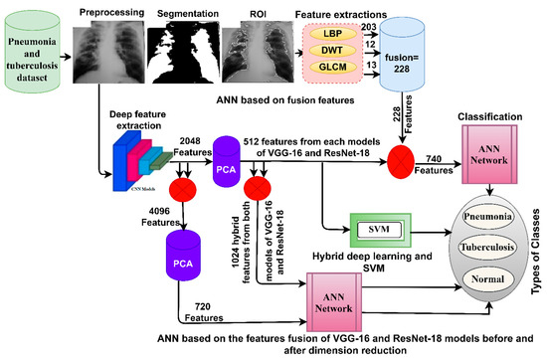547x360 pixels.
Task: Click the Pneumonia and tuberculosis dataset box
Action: coord(38,53)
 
